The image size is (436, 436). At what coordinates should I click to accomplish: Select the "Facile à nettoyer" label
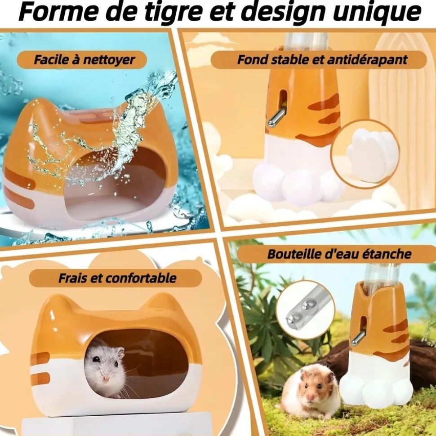click(x=84, y=60)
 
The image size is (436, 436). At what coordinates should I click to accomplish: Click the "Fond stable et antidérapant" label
click(x=322, y=60)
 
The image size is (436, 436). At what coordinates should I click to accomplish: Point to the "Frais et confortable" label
click(x=117, y=278)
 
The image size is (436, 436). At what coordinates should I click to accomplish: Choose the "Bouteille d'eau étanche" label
click(x=339, y=254)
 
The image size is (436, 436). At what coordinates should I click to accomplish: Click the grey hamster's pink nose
click(x=107, y=379)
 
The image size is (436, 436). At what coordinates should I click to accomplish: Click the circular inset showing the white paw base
click(x=365, y=154)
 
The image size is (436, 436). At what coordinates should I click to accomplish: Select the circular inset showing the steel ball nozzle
click(x=305, y=309)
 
